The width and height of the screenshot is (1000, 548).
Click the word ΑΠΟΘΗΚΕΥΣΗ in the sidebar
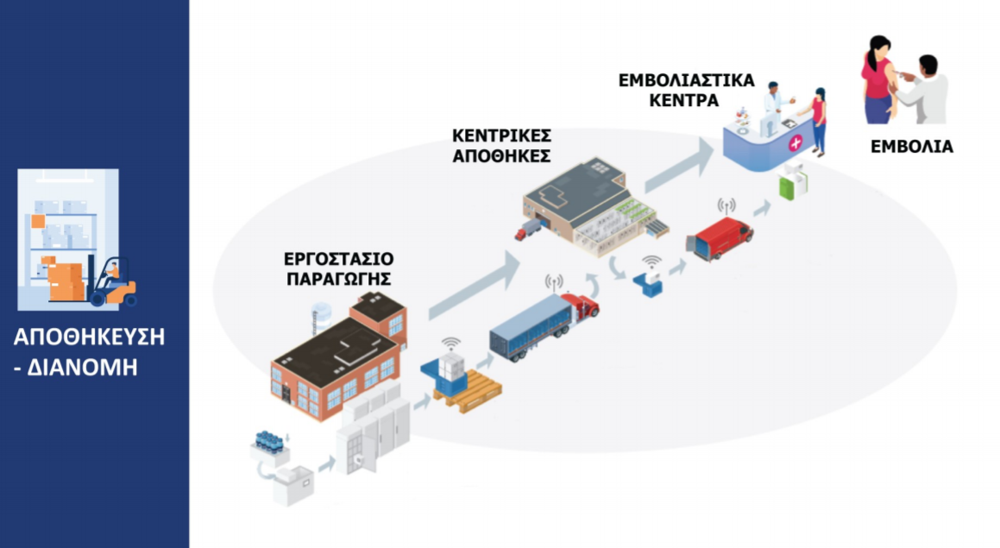click(89, 337)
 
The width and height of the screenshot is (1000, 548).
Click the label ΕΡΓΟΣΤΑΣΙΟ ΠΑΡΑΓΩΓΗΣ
click(339, 268)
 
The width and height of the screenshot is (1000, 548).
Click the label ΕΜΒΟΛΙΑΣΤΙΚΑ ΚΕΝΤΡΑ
click(687, 90)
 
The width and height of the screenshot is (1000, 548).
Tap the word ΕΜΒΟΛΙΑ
click(911, 147)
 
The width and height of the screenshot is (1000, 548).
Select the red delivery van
click(719, 238)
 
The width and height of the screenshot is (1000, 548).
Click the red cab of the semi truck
click(581, 307)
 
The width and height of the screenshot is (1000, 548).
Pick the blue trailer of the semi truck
click(526, 329)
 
